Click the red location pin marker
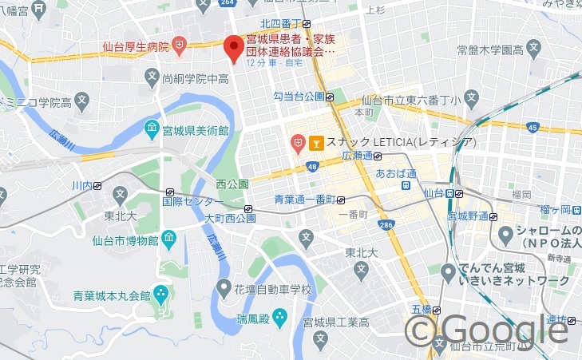[x=233, y=49]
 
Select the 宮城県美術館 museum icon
[x=152, y=129]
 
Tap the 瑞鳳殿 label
[x=253, y=318]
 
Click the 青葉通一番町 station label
[x=304, y=199]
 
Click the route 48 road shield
[x=311, y=166]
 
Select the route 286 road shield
[x=386, y=227]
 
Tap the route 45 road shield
[x=533, y=128]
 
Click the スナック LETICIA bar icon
[x=316, y=143]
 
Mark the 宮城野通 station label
[x=468, y=216]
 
